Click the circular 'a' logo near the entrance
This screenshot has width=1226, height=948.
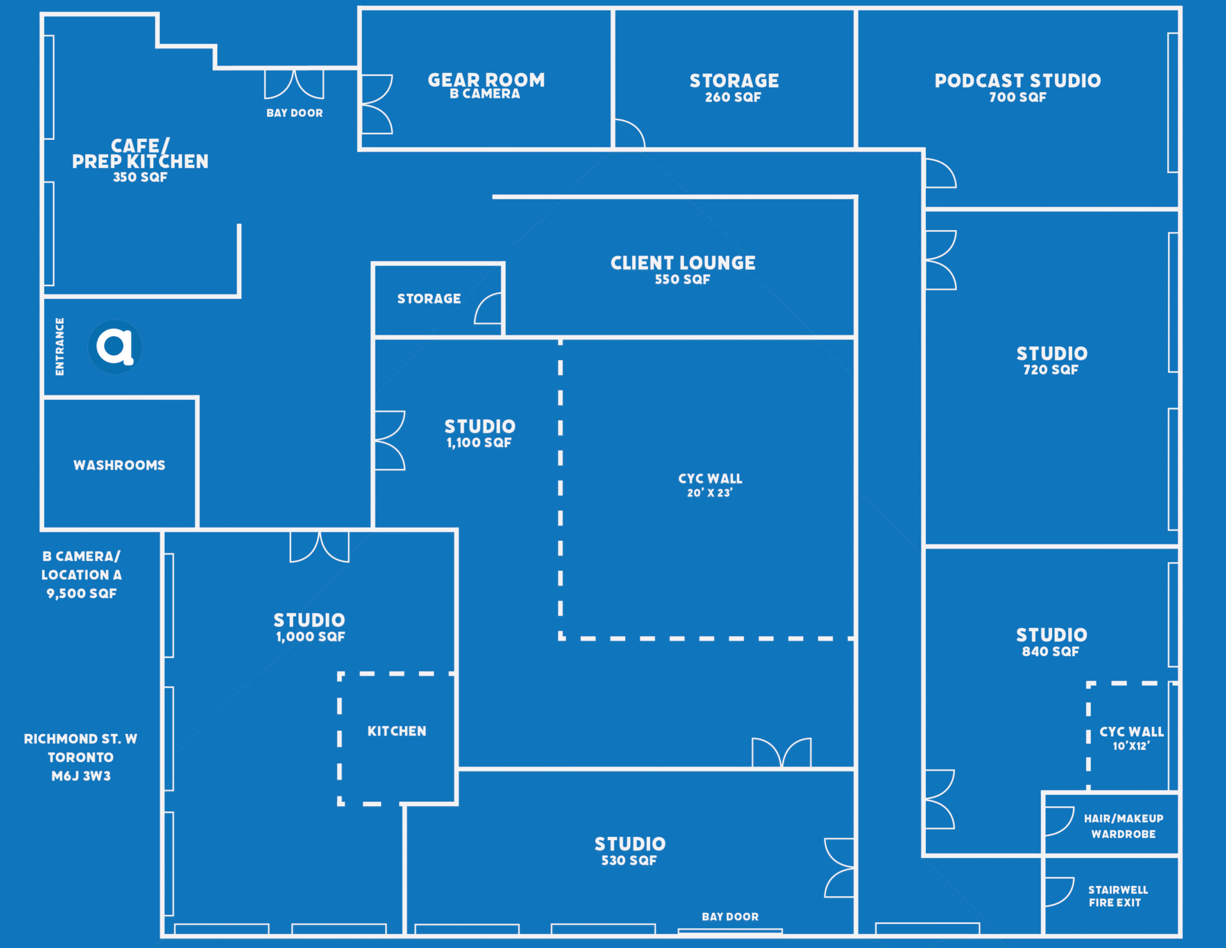[115, 347]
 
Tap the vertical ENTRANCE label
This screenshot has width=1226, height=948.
[59, 347]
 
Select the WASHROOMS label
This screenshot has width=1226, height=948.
[119, 465]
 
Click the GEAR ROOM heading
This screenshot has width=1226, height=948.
[486, 80]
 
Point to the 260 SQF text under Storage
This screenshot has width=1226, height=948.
[733, 98]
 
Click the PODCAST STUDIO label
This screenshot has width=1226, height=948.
[1017, 80]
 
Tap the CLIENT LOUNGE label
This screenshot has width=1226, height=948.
[683, 263]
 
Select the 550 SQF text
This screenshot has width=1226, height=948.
[682, 280]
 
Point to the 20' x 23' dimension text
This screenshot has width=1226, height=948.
[709, 493]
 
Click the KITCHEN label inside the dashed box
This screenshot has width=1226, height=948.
[397, 731]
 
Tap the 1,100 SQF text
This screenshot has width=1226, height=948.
[479, 443]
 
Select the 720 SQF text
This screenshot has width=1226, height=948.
[1050, 370]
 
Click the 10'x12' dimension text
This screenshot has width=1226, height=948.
[1131, 746]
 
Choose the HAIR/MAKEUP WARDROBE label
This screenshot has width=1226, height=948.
[1123, 826]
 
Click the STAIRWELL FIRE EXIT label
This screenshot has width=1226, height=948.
[1117, 896]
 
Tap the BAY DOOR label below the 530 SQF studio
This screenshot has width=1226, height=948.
[730, 917]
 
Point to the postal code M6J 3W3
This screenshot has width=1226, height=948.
[81, 776]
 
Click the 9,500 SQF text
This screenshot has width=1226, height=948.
[81, 593]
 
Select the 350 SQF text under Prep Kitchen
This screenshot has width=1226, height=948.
[140, 178]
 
